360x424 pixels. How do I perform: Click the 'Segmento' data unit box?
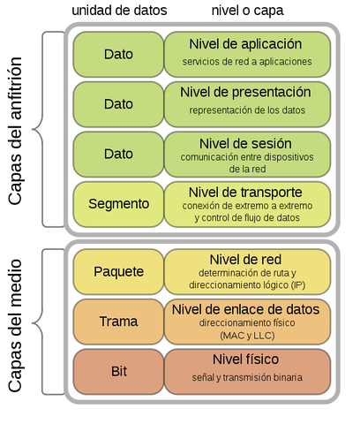[118, 203]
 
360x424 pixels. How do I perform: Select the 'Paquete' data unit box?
[118, 271]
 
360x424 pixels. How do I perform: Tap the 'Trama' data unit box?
[118, 322]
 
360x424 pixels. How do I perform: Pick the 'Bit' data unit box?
[118, 371]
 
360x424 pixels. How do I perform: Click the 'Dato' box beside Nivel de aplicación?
[118, 54]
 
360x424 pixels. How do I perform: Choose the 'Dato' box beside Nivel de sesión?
[118, 154]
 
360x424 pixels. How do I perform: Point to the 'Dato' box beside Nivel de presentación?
[118, 103]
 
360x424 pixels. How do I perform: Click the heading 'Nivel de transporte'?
[245, 192]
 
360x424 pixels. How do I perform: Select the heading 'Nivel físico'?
[245, 360]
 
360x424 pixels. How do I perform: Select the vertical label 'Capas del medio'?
[17, 321]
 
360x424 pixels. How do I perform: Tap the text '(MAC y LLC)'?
[245, 337]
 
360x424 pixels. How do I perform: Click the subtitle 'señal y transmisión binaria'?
[245, 378]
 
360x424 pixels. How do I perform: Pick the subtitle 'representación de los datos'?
[245, 110]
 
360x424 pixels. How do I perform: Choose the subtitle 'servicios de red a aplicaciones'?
[245, 61]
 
